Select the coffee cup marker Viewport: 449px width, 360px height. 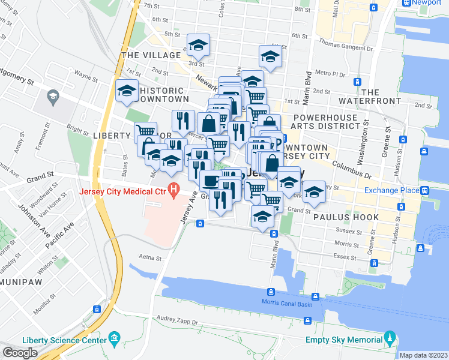(x=211, y=179)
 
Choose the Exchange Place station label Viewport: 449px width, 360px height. (x=391, y=191)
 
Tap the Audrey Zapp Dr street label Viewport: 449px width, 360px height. (x=177, y=322)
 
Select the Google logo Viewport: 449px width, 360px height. (x=20, y=353)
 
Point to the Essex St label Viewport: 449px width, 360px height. (x=345, y=256)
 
